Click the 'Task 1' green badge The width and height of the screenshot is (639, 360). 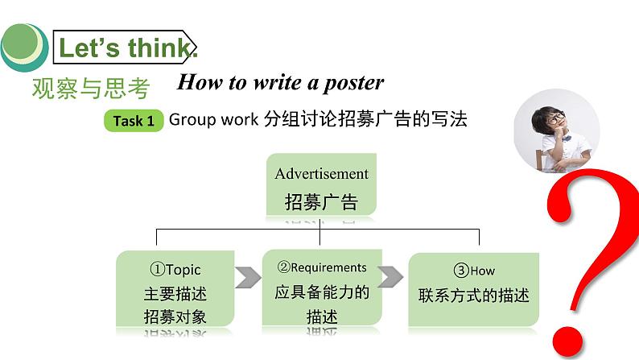pyautogui.click(x=134, y=122)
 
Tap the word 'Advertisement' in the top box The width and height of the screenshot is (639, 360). pyautogui.click(x=321, y=173)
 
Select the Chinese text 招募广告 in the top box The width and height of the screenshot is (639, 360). pyautogui.click(x=321, y=201)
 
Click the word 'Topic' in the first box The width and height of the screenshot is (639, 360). pyautogui.click(x=183, y=270)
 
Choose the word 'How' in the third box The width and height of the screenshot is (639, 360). pyautogui.click(x=482, y=271)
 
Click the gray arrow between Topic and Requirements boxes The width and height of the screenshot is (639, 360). pyautogui.click(x=248, y=278)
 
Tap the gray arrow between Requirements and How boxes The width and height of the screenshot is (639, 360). pyautogui.click(x=390, y=275)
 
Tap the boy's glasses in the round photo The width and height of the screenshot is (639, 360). pyautogui.click(x=555, y=118)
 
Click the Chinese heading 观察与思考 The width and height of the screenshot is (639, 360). pyautogui.click(x=91, y=88)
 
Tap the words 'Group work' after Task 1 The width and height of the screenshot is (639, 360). pyautogui.click(x=212, y=120)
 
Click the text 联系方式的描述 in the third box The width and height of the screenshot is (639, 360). pyautogui.click(x=474, y=295)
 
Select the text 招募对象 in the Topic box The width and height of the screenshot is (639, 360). pyautogui.click(x=175, y=316)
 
